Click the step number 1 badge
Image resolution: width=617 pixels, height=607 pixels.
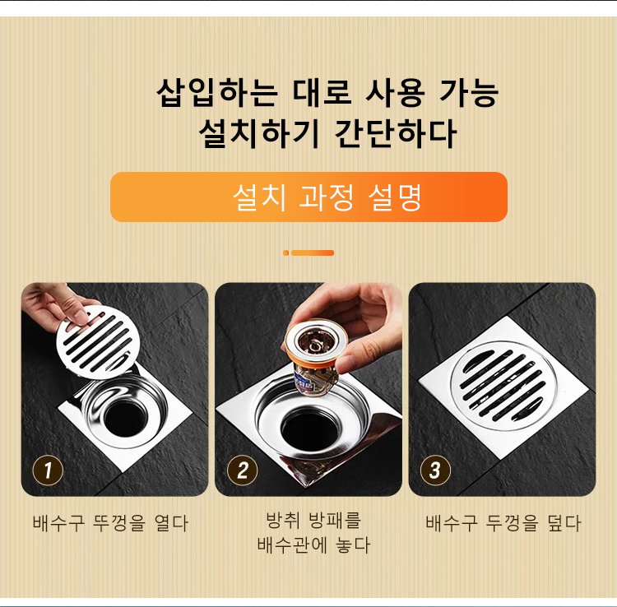(x=48, y=470)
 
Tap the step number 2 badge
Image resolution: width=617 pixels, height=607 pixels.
(x=242, y=470)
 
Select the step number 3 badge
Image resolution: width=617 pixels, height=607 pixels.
(x=435, y=470)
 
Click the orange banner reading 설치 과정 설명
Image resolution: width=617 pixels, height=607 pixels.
(x=308, y=197)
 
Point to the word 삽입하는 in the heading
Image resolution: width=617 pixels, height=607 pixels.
(x=217, y=93)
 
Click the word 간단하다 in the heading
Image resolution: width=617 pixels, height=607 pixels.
(x=395, y=134)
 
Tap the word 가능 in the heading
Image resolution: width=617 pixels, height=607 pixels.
(x=468, y=93)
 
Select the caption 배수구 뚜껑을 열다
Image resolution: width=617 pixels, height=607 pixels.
(x=110, y=523)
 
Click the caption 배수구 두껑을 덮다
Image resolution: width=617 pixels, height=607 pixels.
(x=503, y=523)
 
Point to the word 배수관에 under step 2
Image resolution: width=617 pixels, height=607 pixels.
(x=291, y=544)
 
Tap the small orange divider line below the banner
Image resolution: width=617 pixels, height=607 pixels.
(x=308, y=253)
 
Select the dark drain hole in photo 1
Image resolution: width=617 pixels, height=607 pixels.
(x=126, y=419)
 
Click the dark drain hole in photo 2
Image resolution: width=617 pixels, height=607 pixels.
(x=310, y=429)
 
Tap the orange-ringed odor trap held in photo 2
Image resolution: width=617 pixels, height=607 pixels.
(x=316, y=356)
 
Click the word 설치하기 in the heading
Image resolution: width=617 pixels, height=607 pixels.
(x=258, y=134)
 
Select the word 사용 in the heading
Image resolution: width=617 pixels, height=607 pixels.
(x=395, y=93)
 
